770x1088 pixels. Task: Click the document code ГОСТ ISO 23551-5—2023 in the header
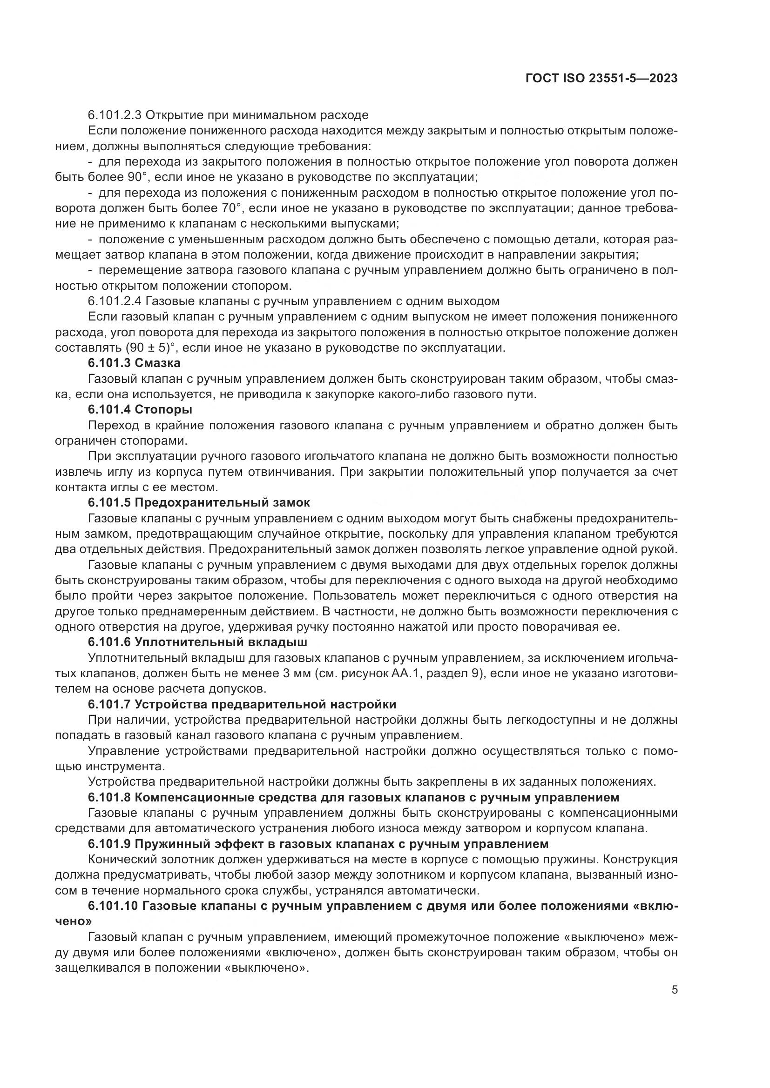[x=601, y=79]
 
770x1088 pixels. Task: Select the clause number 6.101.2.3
[x=113, y=115]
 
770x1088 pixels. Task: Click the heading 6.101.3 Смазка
[x=134, y=363]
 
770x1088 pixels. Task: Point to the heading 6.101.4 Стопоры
[x=140, y=410]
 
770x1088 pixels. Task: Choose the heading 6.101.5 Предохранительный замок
[x=199, y=503]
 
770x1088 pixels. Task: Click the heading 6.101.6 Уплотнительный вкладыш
[x=197, y=642]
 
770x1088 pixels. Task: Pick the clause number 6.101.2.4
[x=113, y=301]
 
